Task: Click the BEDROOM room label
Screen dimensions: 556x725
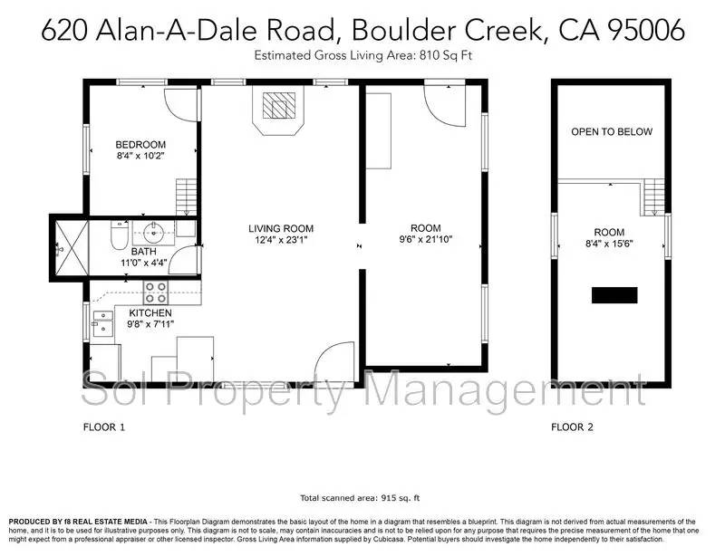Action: coord(140,145)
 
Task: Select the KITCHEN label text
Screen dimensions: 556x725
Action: coord(150,312)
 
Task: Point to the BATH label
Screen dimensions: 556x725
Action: coord(143,252)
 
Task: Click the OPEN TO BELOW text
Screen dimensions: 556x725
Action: coord(611,132)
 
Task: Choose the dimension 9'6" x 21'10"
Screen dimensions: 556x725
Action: coord(425,240)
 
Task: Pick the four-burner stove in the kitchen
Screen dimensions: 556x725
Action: coord(155,292)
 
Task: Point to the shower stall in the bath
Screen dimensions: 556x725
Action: coord(69,245)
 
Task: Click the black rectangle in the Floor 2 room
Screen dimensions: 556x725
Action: coord(614,295)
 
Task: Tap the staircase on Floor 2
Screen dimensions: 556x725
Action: coord(652,198)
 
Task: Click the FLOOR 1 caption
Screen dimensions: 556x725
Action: coord(103,425)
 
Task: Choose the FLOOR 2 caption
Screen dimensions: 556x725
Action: coord(573,425)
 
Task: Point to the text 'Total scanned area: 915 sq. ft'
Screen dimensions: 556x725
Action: coord(360,497)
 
